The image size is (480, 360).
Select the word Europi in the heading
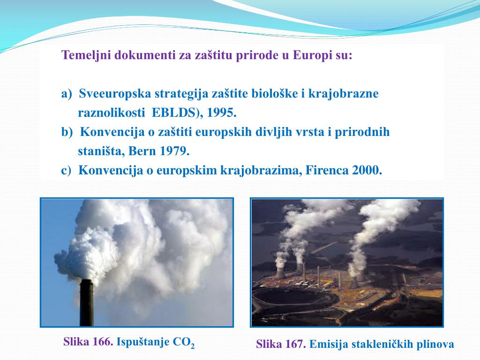pyautogui.click(x=310, y=55)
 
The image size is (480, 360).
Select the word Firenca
pyautogui.click(x=327, y=171)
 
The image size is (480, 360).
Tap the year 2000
pyautogui.click(x=367, y=171)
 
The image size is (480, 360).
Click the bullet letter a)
pyautogui.click(x=67, y=94)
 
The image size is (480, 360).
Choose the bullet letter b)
pyautogui.click(x=67, y=132)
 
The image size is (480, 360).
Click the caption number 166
pyautogui.click(x=102, y=342)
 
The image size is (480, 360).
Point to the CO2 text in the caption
pyautogui.click(x=183, y=343)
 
